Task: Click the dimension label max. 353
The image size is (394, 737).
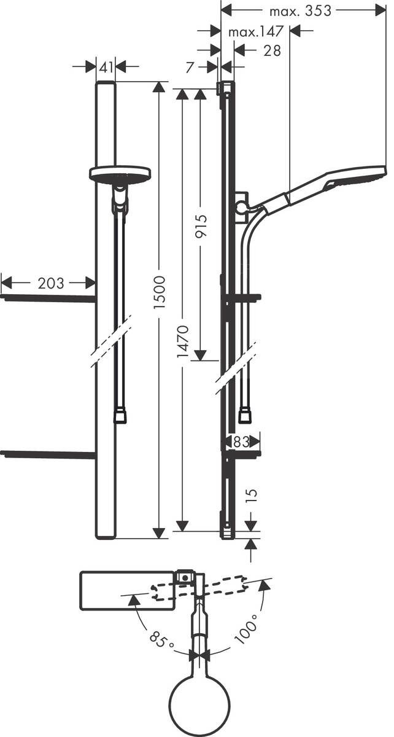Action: click(300, 10)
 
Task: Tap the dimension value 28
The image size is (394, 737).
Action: click(272, 50)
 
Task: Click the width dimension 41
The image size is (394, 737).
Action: click(106, 66)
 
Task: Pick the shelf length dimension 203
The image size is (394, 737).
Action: click(50, 283)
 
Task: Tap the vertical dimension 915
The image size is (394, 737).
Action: click(201, 225)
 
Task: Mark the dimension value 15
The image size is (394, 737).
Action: click(251, 496)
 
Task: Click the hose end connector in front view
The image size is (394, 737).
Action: click(120, 416)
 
